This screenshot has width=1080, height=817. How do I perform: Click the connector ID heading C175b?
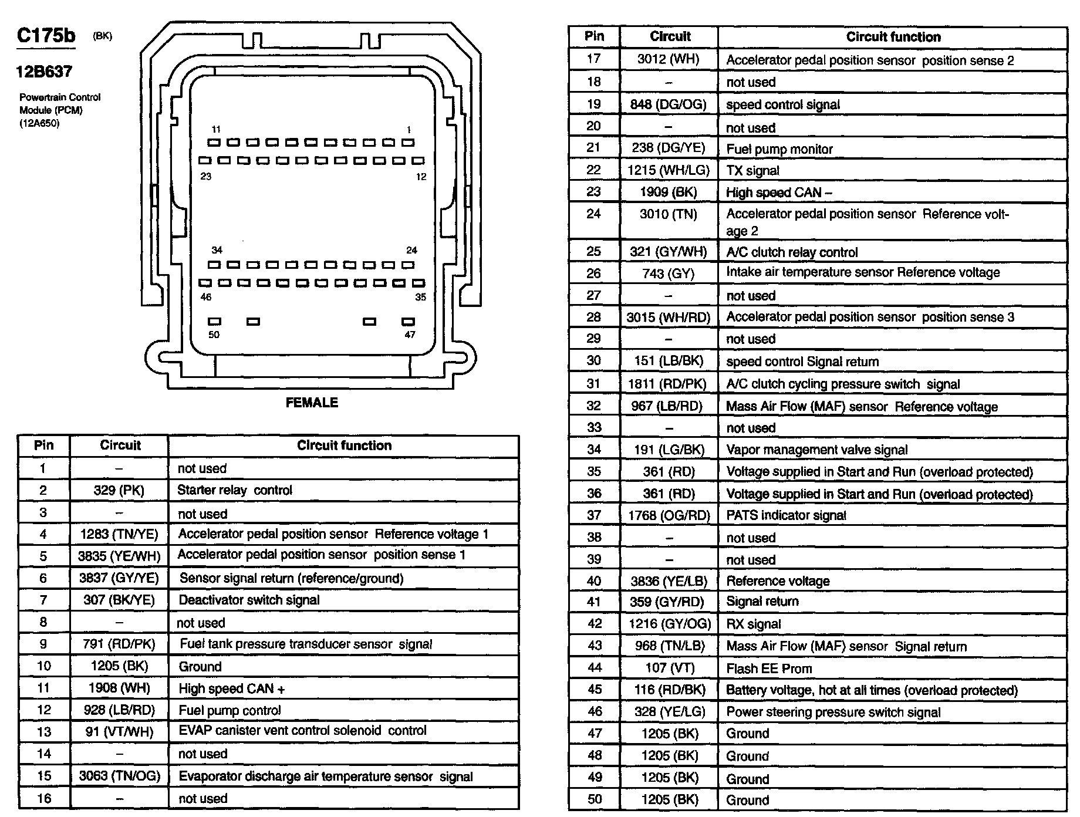coord(46,36)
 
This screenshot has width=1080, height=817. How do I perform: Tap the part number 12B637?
coord(45,72)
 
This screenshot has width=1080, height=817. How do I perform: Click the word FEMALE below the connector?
coord(312,403)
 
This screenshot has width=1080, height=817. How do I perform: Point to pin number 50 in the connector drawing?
coord(214,335)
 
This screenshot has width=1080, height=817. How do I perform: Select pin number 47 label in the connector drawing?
coord(410,335)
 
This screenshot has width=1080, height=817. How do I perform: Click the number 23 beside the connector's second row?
coord(206,176)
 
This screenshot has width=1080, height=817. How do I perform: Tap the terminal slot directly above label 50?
coord(215,321)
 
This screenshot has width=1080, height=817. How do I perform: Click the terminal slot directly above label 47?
coord(408,321)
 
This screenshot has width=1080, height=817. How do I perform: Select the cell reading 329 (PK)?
coord(119,490)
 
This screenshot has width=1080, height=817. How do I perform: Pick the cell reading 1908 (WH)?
coord(119,688)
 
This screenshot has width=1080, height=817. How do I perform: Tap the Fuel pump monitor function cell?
coord(779,149)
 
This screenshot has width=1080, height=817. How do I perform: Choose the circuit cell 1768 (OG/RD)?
coord(669,515)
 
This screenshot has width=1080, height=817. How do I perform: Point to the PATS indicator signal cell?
coord(786,515)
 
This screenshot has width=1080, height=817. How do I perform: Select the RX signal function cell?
coord(753,624)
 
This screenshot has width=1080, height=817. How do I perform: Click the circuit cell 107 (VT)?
coord(669,668)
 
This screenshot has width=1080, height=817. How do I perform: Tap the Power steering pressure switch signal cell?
coord(833,712)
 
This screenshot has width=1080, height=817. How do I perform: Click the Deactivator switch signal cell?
coord(249,600)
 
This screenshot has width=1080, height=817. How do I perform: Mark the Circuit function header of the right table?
coord(893,37)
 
